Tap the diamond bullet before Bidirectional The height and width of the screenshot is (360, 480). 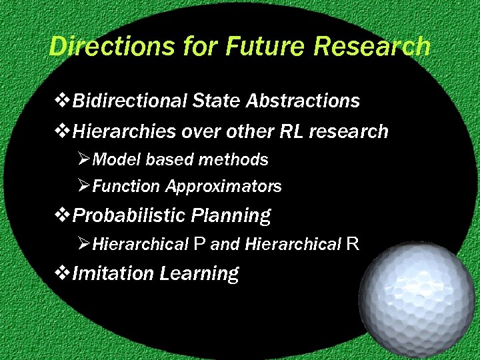[x=64, y=101]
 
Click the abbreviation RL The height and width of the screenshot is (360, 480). [x=291, y=132]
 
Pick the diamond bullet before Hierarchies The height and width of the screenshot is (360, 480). [x=64, y=132]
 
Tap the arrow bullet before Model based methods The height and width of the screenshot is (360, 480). [x=84, y=160]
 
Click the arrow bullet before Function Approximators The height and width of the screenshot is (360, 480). [x=84, y=187]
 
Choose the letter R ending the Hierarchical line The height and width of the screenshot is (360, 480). [x=353, y=245]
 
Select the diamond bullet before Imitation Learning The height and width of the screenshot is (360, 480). [x=64, y=273]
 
